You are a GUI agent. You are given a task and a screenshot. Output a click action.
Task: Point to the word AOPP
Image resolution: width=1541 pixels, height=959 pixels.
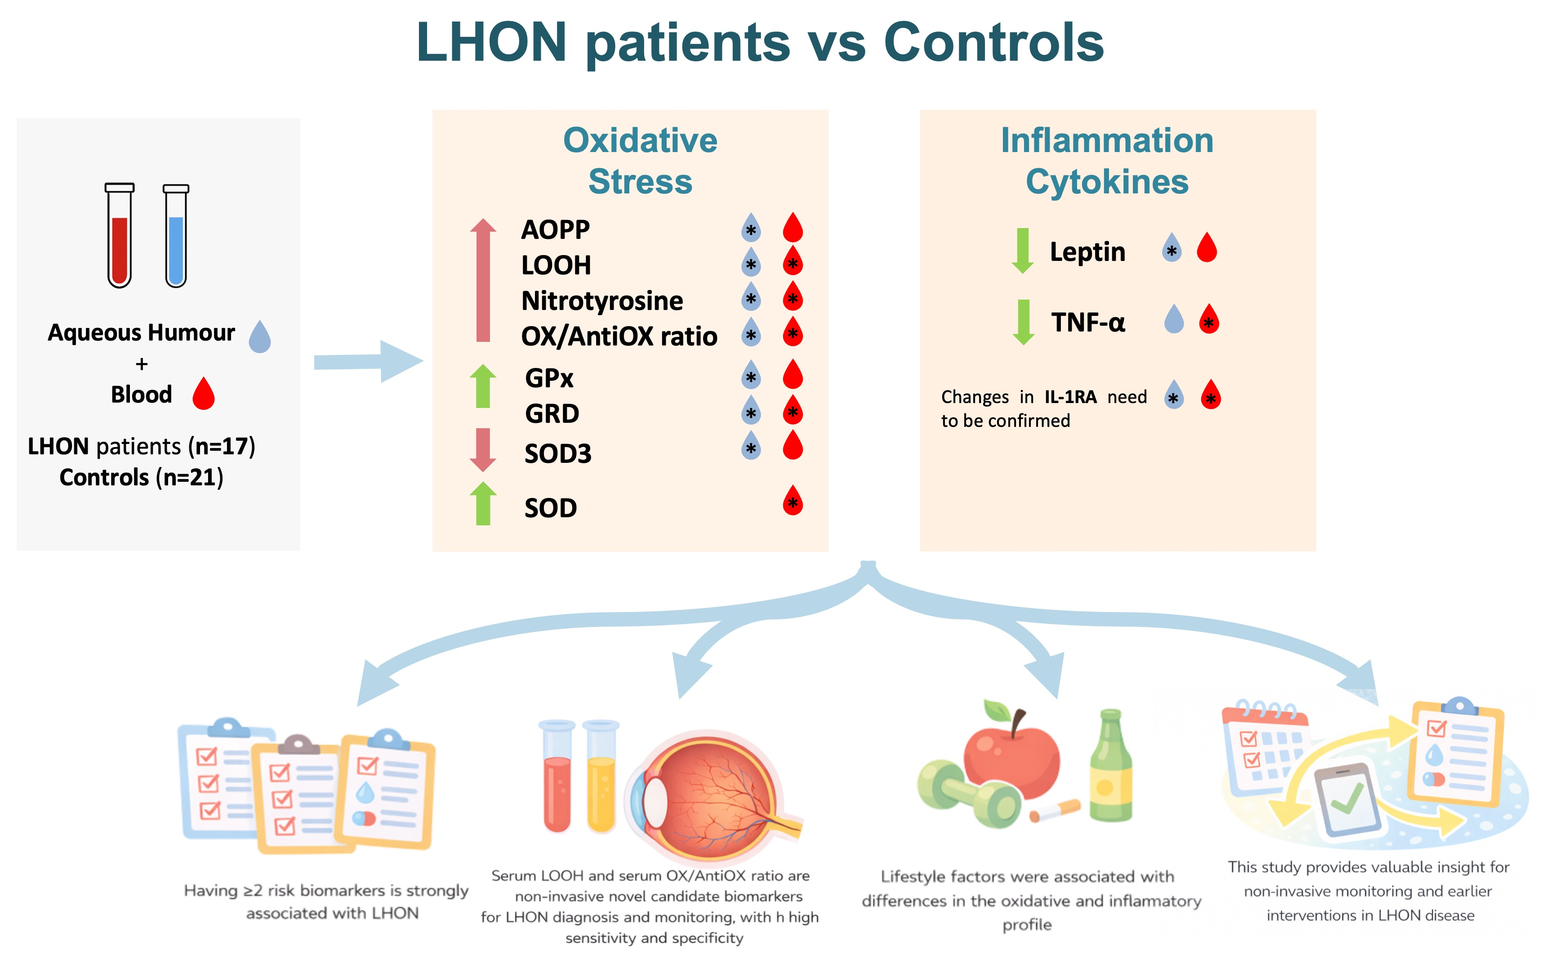point(555,229)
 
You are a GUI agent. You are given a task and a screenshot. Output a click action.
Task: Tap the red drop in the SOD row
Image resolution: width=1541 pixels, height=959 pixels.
point(793,501)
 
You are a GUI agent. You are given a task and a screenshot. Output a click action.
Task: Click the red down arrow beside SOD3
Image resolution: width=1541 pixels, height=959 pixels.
point(483,450)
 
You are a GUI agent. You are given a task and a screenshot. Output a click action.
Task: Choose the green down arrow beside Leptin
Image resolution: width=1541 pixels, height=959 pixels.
point(1023,251)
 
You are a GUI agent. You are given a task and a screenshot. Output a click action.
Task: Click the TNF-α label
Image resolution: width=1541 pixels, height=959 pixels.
point(1088,322)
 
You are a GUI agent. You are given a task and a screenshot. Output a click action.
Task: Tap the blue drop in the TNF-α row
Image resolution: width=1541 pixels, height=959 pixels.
point(1174,318)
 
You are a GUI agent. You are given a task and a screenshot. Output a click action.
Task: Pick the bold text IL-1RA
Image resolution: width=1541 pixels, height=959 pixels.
point(1071,397)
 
